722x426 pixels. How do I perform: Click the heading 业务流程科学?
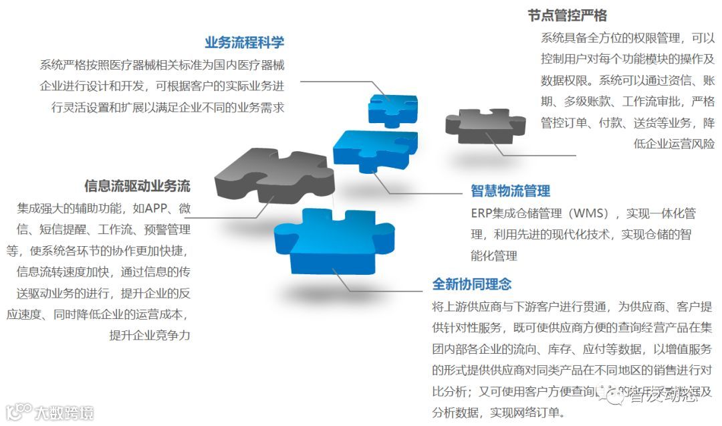tap(244, 42)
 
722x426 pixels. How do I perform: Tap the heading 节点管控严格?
tap(567, 15)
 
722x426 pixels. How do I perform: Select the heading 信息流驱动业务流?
tap(137, 185)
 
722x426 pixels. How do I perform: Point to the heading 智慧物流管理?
tap(510, 191)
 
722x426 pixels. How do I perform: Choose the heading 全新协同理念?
tap(472, 284)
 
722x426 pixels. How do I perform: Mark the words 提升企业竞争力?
tap(150, 336)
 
